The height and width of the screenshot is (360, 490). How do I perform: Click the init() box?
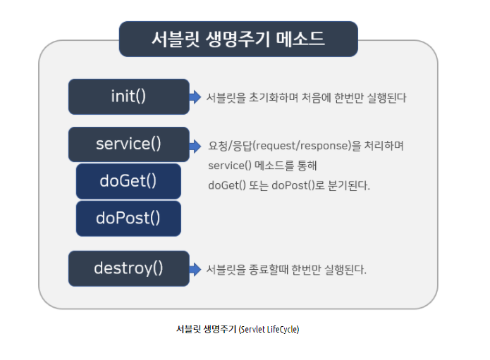(x=129, y=97)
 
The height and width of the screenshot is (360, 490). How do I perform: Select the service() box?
(x=129, y=144)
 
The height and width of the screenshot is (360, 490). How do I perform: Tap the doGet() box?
(x=128, y=181)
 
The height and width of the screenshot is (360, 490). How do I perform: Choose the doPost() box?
(x=128, y=218)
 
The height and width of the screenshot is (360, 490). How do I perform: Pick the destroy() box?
(x=129, y=268)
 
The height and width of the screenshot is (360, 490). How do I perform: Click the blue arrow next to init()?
(x=195, y=97)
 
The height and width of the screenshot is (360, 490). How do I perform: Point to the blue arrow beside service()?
(x=195, y=146)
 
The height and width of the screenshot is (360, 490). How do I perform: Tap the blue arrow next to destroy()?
(x=195, y=269)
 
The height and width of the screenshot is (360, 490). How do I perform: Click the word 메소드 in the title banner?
(x=300, y=39)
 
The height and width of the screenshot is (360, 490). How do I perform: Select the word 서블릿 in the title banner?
(x=176, y=39)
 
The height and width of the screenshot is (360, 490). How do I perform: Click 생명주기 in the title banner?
(x=238, y=39)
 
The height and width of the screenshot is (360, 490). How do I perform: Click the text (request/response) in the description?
(x=301, y=146)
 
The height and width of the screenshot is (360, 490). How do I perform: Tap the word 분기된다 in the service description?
(x=349, y=185)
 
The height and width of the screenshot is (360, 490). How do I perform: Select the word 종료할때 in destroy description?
(x=269, y=269)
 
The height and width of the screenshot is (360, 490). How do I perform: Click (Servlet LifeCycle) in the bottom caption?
(x=269, y=330)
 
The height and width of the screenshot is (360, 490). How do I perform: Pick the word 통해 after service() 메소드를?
(x=307, y=166)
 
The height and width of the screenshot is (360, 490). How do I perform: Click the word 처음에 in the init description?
(x=317, y=98)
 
